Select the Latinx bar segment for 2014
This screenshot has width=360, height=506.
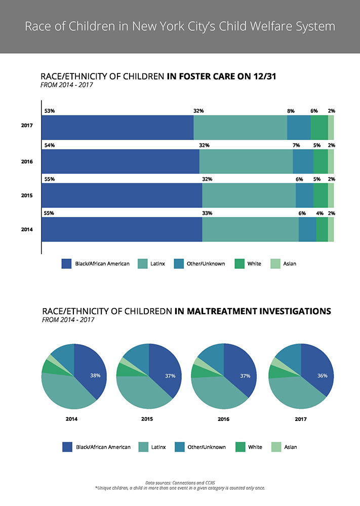tap(250, 229)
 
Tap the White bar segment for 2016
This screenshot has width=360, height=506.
tap(320, 161)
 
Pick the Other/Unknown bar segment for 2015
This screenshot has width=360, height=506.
tap(304, 195)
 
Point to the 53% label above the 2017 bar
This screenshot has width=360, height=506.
tap(49, 111)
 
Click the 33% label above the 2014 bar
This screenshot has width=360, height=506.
tap(207, 213)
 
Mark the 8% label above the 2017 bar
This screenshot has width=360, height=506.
tap(291, 111)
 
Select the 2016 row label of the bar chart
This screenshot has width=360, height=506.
tap(27, 161)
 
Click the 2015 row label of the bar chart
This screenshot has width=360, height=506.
tap(27, 195)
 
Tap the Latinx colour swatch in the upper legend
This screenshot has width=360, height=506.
tap(142, 264)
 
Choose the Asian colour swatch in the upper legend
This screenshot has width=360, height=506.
tap(274, 264)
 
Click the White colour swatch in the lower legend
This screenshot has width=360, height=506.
tap(240, 447)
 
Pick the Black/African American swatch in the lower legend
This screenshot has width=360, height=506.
tap(67, 447)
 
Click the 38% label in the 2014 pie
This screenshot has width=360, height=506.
tap(95, 375)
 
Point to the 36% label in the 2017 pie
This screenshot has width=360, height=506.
tap(322, 375)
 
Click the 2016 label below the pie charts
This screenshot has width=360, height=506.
tap(223, 419)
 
